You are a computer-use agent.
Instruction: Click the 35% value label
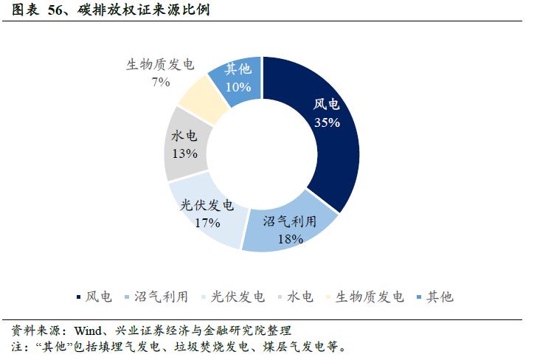pyautogui.click(x=327, y=123)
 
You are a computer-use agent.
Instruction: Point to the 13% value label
pyautogui.click(x=184, y=153)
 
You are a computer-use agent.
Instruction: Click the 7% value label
pyautogui.click(x=161, y=82)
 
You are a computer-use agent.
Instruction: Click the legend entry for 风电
pyautogui.click(x=94, y=297)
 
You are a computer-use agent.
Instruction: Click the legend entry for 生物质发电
pyautogui.click(x=364, y=297)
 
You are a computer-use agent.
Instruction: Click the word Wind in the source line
pyautogui.click(x=83, y=330)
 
